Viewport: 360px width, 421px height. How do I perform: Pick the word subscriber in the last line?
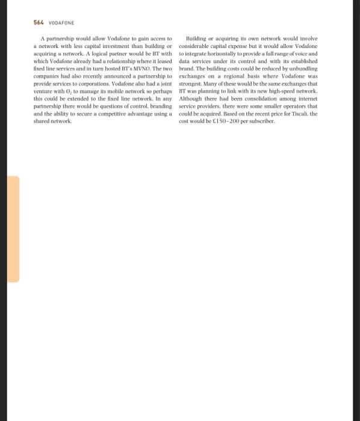tap(259, 121)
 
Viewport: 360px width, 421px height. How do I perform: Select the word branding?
tap(158, 107)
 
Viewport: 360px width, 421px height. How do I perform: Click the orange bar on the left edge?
tap(13, 229)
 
